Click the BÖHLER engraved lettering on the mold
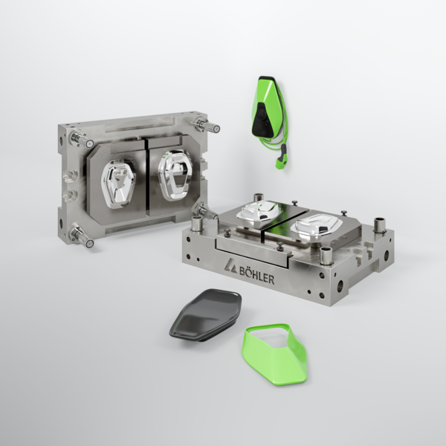(256, 275)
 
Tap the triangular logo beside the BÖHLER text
(230, 266)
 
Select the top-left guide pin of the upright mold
(82, 140)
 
